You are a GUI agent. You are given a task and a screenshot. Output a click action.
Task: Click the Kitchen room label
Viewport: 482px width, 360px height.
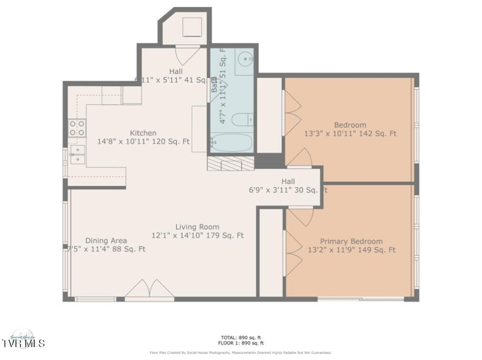143,133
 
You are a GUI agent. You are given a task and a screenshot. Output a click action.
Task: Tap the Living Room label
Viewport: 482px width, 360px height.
197,227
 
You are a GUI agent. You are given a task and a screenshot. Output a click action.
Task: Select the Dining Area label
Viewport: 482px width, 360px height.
106,241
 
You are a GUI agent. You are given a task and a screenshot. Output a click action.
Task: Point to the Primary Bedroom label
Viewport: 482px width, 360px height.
351,241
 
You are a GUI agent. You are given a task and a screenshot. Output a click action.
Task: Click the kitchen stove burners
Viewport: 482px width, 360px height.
77,128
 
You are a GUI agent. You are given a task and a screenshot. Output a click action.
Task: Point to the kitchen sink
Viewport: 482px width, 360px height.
77,155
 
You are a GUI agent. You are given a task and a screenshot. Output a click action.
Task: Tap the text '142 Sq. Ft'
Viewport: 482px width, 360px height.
378,133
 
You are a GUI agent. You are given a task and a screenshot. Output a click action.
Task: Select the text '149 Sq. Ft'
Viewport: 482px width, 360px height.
377,250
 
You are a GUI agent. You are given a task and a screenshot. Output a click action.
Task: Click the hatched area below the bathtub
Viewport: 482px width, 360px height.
230,163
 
